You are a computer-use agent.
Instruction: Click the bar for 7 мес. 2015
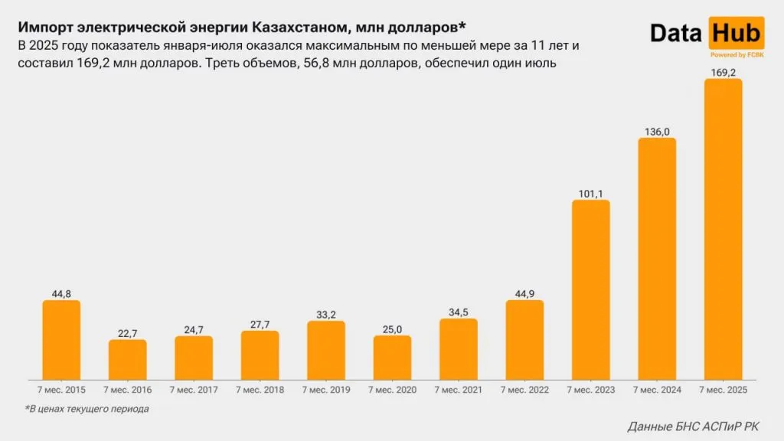[61, 340]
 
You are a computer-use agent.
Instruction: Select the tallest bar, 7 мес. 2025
[723, 230]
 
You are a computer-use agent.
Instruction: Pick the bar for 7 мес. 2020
[392, 358]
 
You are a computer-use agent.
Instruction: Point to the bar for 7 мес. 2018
[260, 355]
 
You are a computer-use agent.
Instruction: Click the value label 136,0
[657, 131]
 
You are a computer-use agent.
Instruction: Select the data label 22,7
[127, 332]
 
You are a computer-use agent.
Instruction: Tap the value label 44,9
[524, 292]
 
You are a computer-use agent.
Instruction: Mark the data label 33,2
[326, 314]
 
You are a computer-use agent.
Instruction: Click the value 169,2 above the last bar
[723, 72]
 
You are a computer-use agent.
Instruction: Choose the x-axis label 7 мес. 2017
[194, 390]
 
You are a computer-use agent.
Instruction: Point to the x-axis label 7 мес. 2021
[458, 390]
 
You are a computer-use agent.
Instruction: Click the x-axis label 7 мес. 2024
[657, 390]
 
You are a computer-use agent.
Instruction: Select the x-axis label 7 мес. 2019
[326, 390]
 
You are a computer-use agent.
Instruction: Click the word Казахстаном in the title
[298, 28]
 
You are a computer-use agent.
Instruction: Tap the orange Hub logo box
[737, 33]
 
